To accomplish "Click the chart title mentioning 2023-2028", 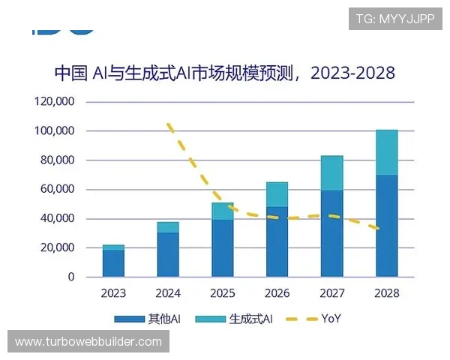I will tap(224, 73).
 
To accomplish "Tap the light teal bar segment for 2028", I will tap(386, 152).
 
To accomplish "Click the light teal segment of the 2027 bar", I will tap(331, 173).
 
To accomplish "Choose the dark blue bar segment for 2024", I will tap(168, 254).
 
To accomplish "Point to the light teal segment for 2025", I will tap(222, 211).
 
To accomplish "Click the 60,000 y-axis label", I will tap(57, 189).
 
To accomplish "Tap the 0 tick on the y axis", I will tap(71, 277).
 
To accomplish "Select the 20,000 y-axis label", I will tap(57, 247).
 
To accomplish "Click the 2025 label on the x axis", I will tap(222, 292).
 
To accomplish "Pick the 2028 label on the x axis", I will tap(386, 292).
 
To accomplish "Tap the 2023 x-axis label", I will tap(113, 292).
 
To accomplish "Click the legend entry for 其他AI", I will tap(149, 319).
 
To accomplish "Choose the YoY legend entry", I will tap(315, 319).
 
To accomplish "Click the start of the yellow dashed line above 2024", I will tap(169, 124).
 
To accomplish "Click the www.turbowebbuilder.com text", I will tap(88, 342).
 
